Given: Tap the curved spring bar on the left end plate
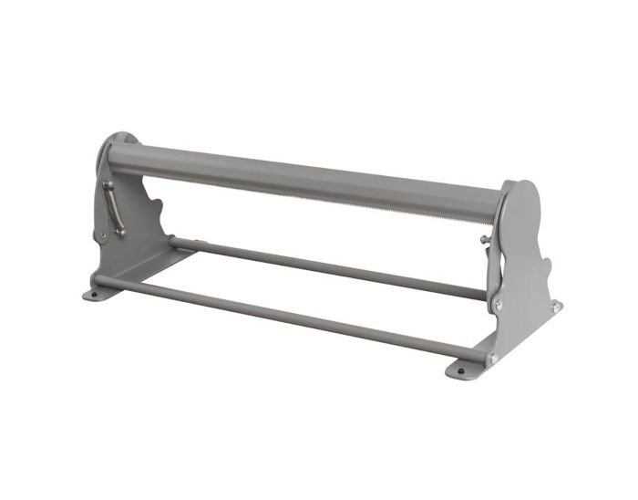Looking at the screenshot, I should [114, 208].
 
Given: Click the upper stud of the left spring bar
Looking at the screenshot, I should [108, 184].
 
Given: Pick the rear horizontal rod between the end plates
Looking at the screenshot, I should [328, 269].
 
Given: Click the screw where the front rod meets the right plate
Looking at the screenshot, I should [493, 359].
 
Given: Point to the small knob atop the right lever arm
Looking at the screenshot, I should [483, 240].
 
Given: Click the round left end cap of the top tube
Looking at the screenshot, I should [111, 151].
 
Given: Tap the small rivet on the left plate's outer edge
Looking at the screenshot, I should [102, 238].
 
